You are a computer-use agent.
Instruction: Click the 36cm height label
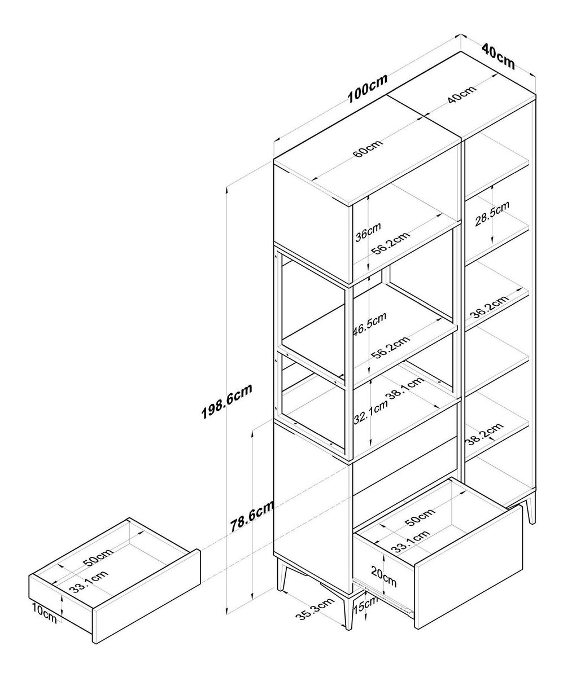coord(368,231)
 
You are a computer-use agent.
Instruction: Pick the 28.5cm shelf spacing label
coord(492,213)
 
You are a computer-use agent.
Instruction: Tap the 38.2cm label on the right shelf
coord(484,434)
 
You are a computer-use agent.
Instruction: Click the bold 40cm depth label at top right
coord(499,56)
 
